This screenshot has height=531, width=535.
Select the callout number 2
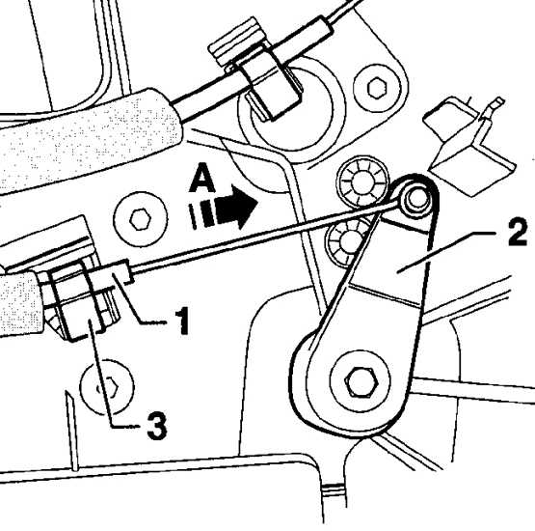pyautogui.click(x=518, y=233)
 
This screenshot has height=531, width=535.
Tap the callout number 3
pyautogui.click(x=157, y=425)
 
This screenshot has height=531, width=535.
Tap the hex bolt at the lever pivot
pyautogui.click(x=361, y=381)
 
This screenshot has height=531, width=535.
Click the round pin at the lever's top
pyautogui.click(x=416, y=199)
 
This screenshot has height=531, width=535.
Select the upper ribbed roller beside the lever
pyautogui.click(x=362, y=182)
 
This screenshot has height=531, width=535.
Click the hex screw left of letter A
pyautogui.click(x=140, y=219)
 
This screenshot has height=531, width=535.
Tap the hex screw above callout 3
pyautogui.click(x=107, y=387)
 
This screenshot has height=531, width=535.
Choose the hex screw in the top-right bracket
pyautogui.click(x=377, y=89)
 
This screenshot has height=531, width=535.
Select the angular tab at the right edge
pyautogui.click(x=468, y=148)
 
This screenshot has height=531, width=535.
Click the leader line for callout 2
pyautogui.click(x=446, y=253)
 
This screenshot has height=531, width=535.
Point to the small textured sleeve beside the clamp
pyautogui.click(x=20, y=303)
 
